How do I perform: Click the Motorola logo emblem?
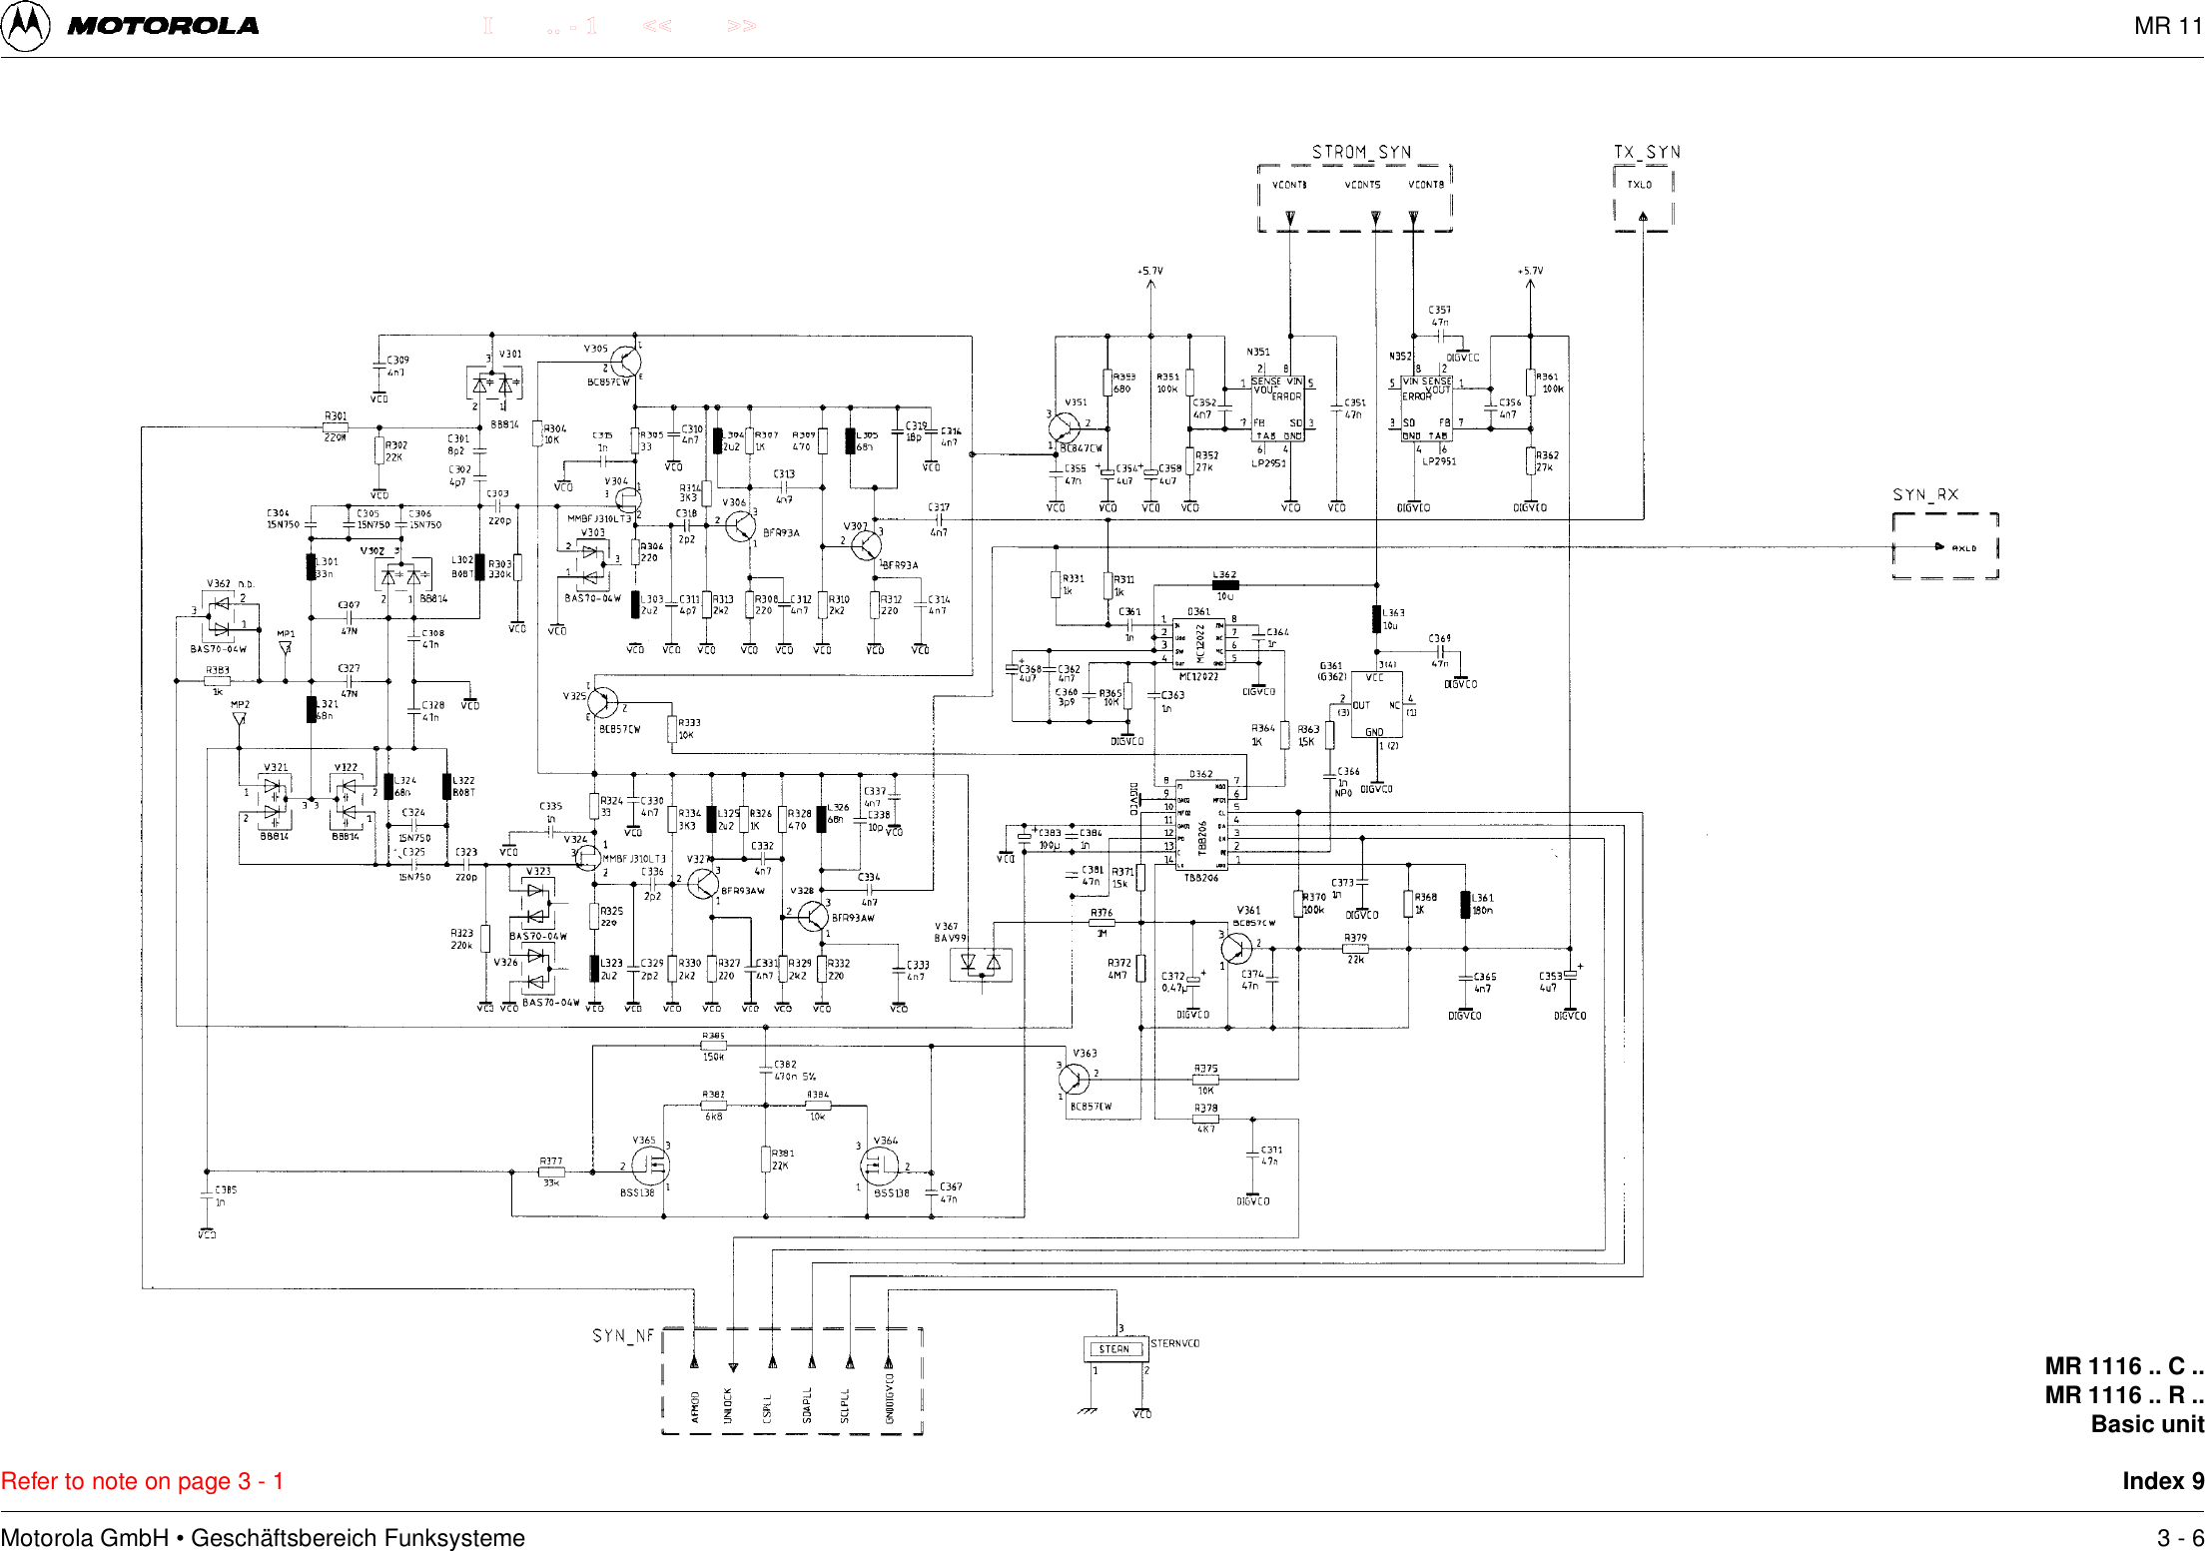point(25,26)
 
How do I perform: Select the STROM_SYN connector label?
point(1360,152)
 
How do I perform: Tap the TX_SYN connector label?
point(1647,152)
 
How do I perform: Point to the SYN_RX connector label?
point(1925,494)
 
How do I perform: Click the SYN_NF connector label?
point(623,1335)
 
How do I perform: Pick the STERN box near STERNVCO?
point(1114,1349)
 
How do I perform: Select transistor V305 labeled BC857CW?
point(625,362)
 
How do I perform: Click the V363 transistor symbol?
point(1075,1079)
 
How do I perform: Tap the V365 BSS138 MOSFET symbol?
point(651,1164)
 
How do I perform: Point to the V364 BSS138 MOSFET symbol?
point(878,1164)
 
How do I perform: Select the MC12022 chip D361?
point(1198,640)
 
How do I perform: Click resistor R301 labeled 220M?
point(336,427)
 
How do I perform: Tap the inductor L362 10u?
point(1224,585)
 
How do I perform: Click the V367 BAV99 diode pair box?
point(981,964)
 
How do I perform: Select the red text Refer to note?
point(142,1481)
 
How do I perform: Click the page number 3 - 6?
point(2179,1538)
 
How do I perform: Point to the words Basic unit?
point(2147,1424)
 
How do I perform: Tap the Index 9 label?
point(2162,1481)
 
